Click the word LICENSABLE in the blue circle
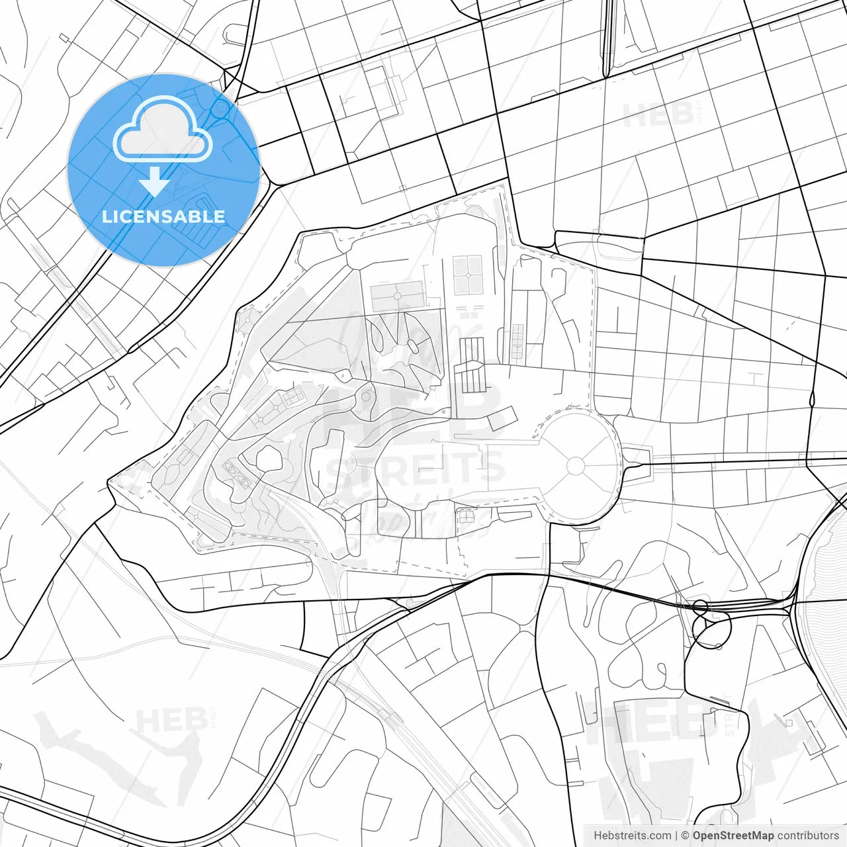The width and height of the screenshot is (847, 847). pos(163,217)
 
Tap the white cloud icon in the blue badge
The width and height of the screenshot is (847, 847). pos(163,130)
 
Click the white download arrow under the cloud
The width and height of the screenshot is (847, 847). pos(155,181)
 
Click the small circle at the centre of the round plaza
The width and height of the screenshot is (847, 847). pos(576,466)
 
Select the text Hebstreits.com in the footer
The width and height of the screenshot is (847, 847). pos(632,836)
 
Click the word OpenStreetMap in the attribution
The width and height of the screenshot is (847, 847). pos(733,836)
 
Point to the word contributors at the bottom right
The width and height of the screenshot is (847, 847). pos(808,836)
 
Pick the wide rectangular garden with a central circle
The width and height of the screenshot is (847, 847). pos(398,296)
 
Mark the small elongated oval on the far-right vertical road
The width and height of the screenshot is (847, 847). pos(812,399)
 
